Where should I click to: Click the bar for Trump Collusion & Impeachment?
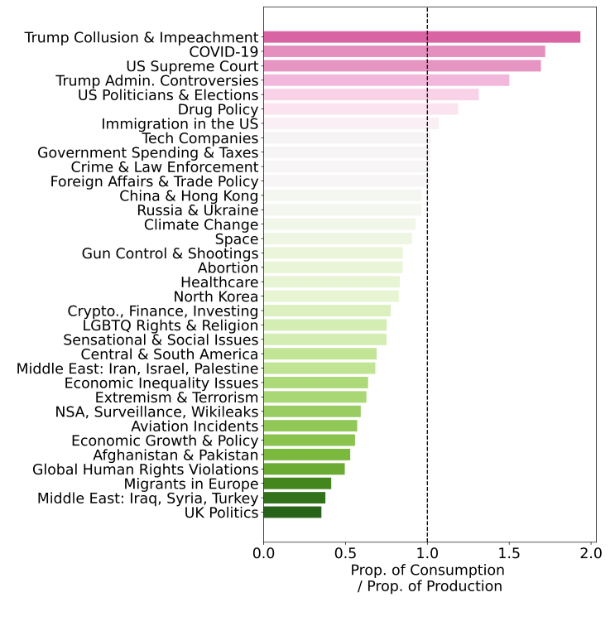click(421, 37)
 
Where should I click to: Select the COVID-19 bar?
click(404, 51)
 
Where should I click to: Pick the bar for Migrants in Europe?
click(297, 484)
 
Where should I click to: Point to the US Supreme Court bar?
click(402, 65)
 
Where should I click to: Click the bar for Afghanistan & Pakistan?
click(307, 455)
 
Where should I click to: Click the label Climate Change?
click(201, 225)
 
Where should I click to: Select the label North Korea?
click(216, 296)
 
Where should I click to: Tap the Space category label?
click(237, 239)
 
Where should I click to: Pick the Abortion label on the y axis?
click(228, 268)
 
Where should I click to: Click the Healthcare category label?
click(219, 282)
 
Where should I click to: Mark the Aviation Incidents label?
click(195, 426)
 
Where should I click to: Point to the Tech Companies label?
click(199, 138)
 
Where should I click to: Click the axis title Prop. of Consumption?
click(427, 571)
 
